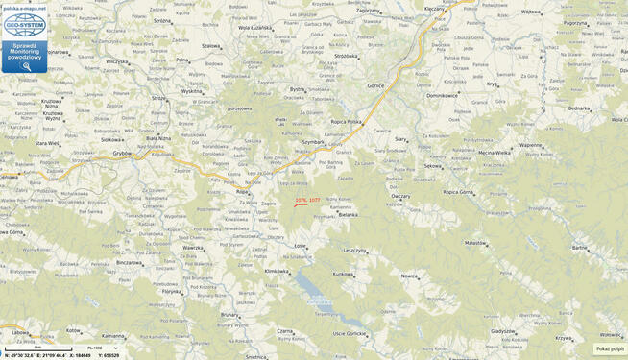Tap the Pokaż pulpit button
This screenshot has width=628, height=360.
610,348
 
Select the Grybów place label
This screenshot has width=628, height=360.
122,152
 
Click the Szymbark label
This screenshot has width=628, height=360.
313,140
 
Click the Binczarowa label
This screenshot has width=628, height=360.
130,262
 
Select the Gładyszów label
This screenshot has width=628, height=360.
502,330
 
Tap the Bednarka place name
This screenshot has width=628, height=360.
579,108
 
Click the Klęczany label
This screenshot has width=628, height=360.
435,9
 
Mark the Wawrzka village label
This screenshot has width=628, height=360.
193,249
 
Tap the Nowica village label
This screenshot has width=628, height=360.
410,276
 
